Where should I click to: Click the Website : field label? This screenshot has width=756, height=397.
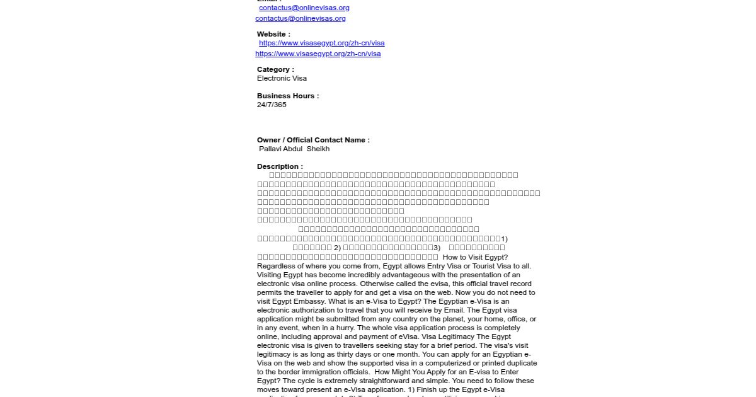coord(273,34)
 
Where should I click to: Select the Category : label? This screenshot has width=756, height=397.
coord(275,69)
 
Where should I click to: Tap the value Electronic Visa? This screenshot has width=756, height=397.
coord(282,78)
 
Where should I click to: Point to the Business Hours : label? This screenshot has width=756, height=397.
coord(288,96)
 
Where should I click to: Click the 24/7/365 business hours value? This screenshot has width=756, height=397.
coord(272,105)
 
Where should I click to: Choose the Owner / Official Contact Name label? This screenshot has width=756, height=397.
coord(313,140)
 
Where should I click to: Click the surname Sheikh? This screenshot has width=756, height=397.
coord(318,149)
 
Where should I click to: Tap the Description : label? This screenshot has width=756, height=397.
coord(280,166)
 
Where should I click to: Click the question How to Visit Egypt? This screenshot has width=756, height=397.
coord(475,257)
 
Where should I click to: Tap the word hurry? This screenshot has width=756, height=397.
coord(344,328)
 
